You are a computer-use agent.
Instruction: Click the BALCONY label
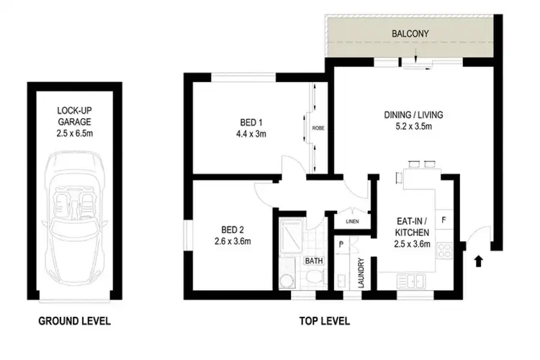411,33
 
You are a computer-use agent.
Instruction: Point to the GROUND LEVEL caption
75,321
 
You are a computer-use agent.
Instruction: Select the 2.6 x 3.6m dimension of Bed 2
232,241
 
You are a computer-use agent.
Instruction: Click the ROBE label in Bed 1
318,128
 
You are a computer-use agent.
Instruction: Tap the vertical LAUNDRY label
360,272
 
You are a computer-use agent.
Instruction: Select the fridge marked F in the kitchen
444,218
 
